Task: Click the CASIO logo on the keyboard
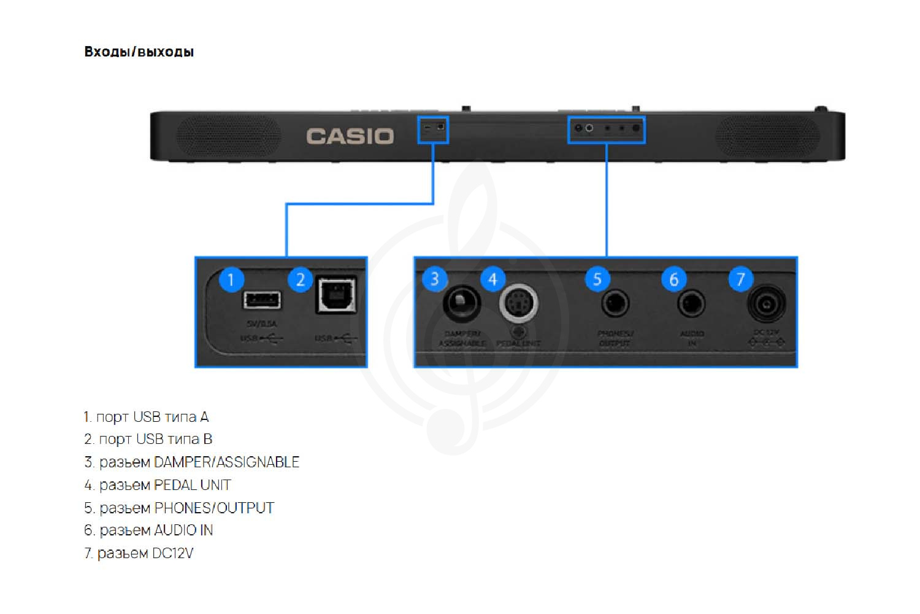350,136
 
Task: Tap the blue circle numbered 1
231,280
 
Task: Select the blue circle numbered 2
300,280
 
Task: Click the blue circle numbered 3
435,279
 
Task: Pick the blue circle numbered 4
493,279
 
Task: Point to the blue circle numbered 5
597,279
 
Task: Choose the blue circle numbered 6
673,279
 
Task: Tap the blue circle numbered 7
740,279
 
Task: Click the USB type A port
262,300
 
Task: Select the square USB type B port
335,296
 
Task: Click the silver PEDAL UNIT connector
519,303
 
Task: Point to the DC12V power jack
766,303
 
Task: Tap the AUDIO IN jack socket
691,303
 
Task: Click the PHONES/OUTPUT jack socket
615,303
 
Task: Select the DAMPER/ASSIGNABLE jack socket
461,303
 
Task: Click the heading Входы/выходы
139,52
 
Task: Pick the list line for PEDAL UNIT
158,485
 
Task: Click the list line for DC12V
139,553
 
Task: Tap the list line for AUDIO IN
149,530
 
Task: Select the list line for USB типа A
147,417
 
